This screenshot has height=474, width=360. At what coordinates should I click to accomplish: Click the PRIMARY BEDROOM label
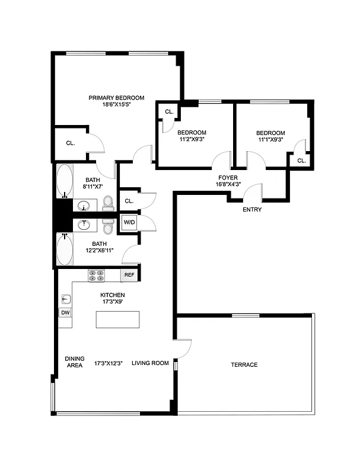point(116,98)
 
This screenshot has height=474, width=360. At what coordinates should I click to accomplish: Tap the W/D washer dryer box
point(129,223)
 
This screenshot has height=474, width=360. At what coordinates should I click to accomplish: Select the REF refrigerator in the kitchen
point(129,276)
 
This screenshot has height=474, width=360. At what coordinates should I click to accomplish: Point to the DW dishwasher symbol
point(65,312)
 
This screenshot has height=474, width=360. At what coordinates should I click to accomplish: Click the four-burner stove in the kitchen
point(96,276)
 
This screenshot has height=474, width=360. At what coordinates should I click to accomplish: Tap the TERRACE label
point(244,364)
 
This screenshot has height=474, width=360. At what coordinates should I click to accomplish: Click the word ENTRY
point(252,210)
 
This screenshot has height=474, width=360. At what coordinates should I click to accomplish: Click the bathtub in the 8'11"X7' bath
point(64,181)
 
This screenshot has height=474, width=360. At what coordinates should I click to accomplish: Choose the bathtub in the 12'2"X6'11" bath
point(65,250)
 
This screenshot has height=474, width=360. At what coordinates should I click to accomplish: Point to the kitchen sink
point(66,299)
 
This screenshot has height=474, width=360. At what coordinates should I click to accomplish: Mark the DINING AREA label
point(74,362)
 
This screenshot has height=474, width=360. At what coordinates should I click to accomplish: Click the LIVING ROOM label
point(150,363)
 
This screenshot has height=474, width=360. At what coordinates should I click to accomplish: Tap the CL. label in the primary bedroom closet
point(70,143)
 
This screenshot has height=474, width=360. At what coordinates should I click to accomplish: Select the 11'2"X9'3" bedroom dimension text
point(192,140)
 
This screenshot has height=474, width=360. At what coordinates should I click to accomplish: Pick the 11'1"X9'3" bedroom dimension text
point(270,140)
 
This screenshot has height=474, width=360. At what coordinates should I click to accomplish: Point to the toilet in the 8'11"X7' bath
point(108,203)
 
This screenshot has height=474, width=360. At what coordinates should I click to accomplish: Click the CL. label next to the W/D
point(129,201)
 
